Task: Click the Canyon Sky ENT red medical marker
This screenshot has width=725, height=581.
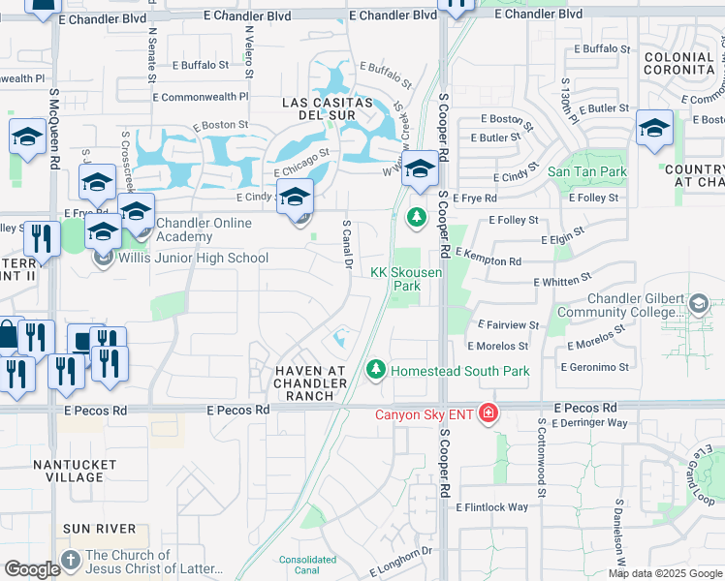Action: [489, 414]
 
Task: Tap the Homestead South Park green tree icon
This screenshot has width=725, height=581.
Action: [375, 370]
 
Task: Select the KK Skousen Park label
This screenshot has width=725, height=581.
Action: [407, 279]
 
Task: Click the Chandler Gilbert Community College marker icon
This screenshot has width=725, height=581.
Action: [698, 305]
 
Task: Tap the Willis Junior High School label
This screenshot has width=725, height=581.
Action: [193, 258]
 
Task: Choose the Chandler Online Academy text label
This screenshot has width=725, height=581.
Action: [197, 229]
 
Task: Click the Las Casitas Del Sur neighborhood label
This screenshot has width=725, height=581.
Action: [327, 109]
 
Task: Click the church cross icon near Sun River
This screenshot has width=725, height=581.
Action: [70, 561]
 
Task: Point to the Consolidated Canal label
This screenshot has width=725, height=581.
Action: [307, 564]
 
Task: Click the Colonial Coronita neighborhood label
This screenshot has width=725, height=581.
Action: [678, 64]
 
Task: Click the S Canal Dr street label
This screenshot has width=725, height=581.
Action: [346, 246]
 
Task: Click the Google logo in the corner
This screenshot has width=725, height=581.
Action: [32, 569]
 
